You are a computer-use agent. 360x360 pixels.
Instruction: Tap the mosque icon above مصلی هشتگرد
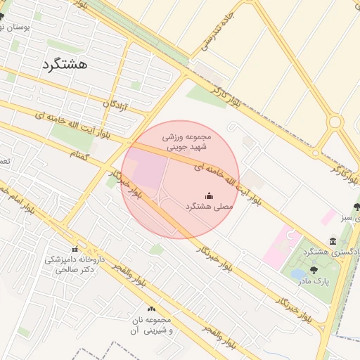click(209, 195)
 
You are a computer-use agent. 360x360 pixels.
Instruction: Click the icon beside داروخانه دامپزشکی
click(75, 250)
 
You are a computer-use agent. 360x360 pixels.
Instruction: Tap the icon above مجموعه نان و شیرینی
click(151, 309)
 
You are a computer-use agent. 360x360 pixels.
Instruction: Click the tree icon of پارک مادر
click(313, 269)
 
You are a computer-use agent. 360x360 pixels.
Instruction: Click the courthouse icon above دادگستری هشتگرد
click(333, 241)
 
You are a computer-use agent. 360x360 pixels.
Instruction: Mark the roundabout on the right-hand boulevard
click(335, 122)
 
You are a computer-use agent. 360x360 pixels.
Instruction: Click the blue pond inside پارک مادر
click(298, 273)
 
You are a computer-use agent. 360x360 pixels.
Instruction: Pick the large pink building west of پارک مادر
click(281, 247)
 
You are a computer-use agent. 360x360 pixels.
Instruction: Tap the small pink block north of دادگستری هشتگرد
click(328, 216)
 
